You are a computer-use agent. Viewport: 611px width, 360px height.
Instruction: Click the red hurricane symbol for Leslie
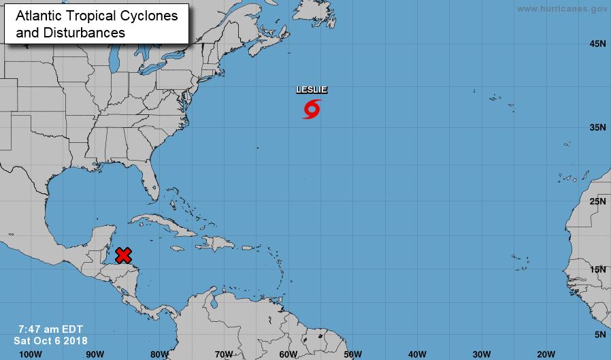pyautogui.click(x=312, y=109)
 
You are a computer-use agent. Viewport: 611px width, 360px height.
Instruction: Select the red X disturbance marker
pyautogui.click(x=123, y=255)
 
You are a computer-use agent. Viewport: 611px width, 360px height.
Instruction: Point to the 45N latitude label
pyautogui.click(x=597, y=44)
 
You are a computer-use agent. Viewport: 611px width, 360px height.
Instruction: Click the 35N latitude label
pyautogui.click(x=597, y=127)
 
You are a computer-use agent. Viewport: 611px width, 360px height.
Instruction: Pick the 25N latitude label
pyautogui.click(x=597, y=201)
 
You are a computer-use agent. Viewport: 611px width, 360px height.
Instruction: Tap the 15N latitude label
pyautogui.click(x=597, y=269)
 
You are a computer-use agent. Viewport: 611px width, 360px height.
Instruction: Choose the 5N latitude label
pyautogui.click(x=600, y=334)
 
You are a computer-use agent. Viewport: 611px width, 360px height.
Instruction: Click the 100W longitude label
pyautogui.click(x=31, y=354)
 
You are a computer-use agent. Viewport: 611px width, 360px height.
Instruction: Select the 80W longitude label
pyautogui.click(x=159, y=354)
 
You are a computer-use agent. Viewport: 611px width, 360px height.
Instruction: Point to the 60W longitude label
pyautogui.click(x=288, y=354)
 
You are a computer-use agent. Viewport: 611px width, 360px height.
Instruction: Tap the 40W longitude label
pyautogui.click(x=417, y=354)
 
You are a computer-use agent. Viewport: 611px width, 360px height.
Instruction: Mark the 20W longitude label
pyautogui.click(x=546, y=354)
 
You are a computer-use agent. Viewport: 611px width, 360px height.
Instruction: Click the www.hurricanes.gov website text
pyautogui.click(x=561, y=9)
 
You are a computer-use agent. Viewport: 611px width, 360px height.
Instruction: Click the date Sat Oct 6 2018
pyautogui.click(x=50, y=340)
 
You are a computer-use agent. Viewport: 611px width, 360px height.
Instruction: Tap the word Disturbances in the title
pyautogui.click(x=82, y=32)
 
